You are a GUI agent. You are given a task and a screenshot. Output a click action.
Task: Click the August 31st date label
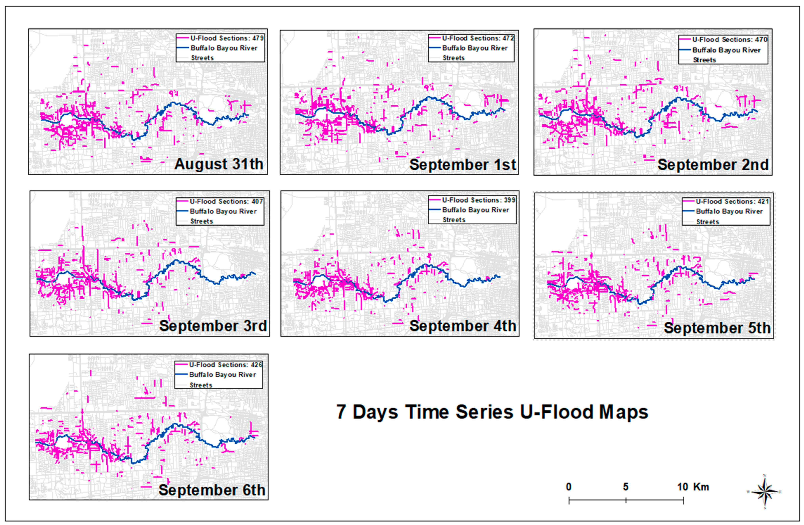point(219,164)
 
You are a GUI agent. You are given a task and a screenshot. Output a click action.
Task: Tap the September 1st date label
point(462,165)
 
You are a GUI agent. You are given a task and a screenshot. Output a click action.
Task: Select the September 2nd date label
point(713,165)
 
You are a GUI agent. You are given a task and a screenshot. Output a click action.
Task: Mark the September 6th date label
point(212,490)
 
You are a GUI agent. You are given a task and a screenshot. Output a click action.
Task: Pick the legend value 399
point(509,200)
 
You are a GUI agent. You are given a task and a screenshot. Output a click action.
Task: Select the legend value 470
point(761,39)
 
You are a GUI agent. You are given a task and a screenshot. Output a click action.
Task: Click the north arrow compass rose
point(765,492)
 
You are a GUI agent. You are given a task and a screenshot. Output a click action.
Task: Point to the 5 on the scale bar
point(626,487)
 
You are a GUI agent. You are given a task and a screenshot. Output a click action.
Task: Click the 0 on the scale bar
point(569,487)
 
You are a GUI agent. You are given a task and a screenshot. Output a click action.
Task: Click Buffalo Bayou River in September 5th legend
point(729,212)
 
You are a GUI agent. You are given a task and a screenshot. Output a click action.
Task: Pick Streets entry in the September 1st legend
point(453,58)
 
